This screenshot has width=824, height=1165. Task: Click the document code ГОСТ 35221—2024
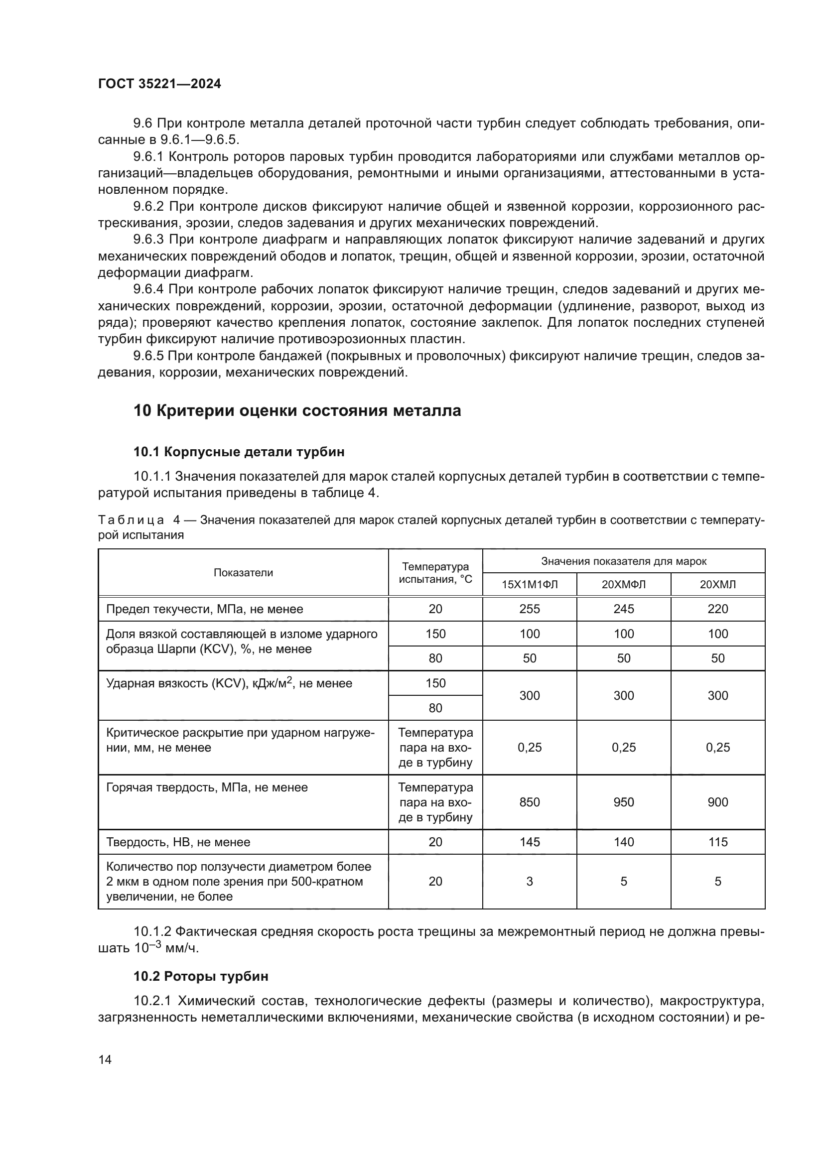(x=159, y=84)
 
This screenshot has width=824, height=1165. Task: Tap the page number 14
(x=105, y=1059)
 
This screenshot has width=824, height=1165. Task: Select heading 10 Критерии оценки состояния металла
(x=297, y=410)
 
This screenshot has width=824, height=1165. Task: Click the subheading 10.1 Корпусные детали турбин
(x=239, y=452)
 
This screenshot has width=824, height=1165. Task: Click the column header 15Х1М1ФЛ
(x=529, y=585)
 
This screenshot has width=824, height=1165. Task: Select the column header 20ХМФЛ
(x=624, y=585)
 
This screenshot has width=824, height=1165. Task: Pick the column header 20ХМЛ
(x=717, y=585)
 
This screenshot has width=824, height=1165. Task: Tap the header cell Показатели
(x=243, y=572)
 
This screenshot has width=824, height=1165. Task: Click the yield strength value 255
(x=529, y=609)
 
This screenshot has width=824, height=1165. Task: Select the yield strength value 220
(x=717, y=609)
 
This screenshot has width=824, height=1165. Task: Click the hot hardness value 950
(x=624, y=802)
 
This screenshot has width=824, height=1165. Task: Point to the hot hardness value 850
(x=529, y=802)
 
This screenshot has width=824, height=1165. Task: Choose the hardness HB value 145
(x=529, y=842)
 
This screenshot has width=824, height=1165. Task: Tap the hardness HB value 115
(x=717, y=842)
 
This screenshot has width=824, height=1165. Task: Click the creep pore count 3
(x=529, y=882)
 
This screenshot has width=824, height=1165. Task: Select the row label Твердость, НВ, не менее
(x=178, y=842)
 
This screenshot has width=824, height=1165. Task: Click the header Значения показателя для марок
(x=624, y=561)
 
